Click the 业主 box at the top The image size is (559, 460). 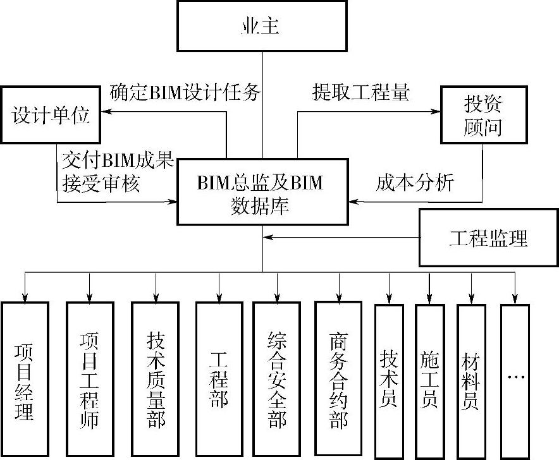[x=261, y=26]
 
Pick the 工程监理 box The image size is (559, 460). [x=488, y=238]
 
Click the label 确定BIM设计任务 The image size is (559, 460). [x=185, y=92]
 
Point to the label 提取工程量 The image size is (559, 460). [x=360, y=92]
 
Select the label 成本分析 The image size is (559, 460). [x=415, y=183]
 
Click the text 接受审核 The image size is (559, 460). [x=102, y=183]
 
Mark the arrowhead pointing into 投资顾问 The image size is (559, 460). [x=436, y=112]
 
